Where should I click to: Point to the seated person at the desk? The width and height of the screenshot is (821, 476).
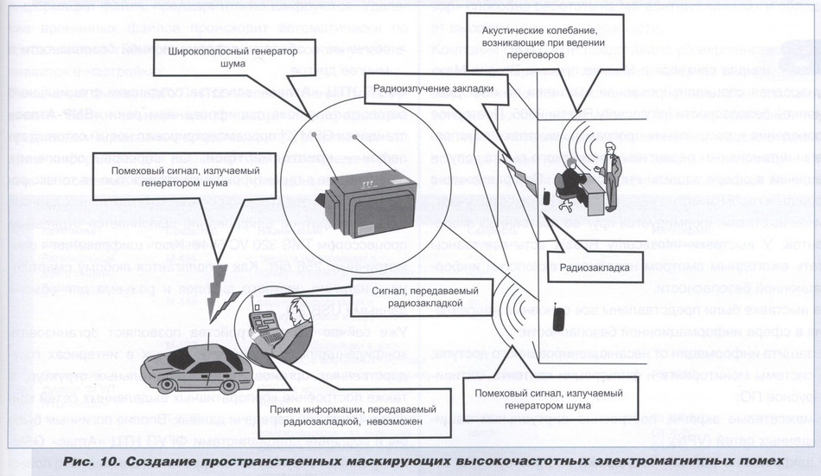[570, 183]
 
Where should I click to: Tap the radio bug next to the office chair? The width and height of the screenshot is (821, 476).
[546, 196]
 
